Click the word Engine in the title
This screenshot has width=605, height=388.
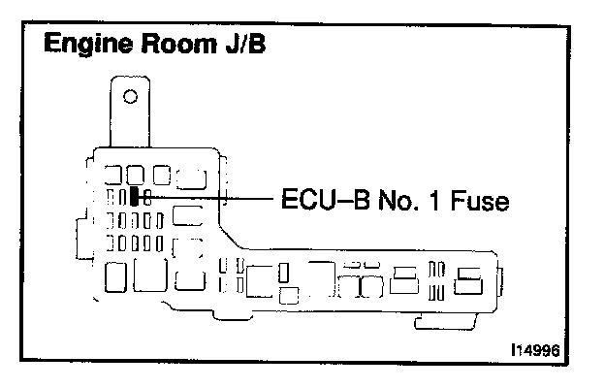click(85, 46)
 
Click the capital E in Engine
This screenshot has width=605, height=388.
click(49, 46)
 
